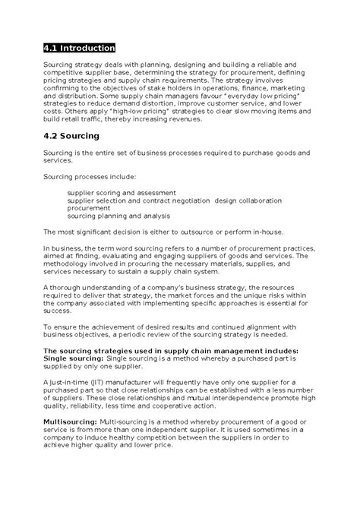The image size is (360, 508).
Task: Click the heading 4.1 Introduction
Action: pyautogui.click(x=79, y=48)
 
